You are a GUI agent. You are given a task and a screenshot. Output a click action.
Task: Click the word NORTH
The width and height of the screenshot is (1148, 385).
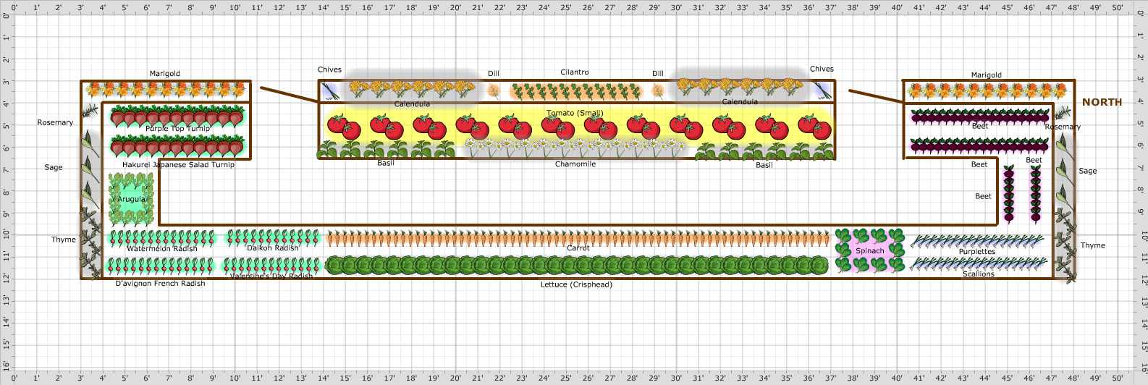pos(1102,103)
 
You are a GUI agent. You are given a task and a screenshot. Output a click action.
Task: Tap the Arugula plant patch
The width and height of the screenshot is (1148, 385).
pos(131,199)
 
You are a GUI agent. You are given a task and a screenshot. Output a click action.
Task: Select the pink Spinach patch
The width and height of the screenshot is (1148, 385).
pos(870,250)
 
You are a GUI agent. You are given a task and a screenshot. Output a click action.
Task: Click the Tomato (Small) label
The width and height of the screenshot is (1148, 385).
pos(575,113)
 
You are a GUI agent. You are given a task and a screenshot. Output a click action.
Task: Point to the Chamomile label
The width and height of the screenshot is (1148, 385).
pos(575,164)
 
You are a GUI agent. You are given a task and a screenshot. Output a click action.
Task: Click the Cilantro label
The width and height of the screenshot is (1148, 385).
pos(575,72)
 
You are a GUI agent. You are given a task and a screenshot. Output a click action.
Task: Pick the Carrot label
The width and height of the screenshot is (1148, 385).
pos(578,248)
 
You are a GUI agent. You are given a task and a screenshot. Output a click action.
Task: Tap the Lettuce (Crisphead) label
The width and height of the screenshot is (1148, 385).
pos(576,285)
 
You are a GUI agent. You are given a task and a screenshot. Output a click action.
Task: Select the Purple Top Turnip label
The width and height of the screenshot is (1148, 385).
pos(177,129)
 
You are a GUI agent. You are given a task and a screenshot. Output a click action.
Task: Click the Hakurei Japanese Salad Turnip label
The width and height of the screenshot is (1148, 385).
pos(178,165)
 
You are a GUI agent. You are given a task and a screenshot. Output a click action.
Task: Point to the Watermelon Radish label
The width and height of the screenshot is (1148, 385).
pos(162,249)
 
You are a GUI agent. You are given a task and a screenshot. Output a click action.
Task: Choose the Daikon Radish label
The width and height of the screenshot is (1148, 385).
pos(273,248)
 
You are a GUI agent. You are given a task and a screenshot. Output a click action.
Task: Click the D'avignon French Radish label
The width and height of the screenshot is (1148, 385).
pos(160,284)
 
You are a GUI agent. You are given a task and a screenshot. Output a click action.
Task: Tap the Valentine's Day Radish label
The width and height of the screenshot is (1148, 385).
pos(271,276)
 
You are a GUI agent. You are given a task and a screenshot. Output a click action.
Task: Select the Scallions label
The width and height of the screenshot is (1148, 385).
pos(979,274)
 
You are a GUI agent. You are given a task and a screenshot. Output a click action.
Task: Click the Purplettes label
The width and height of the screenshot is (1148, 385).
pos(977,252)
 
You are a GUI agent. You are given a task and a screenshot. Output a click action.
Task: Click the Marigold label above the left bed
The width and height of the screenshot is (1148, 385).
pos(165,74)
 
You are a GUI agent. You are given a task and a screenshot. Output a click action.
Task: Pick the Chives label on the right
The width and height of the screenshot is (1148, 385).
pos(822,69)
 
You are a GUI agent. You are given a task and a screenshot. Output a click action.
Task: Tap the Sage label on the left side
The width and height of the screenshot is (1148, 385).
pos(54,168)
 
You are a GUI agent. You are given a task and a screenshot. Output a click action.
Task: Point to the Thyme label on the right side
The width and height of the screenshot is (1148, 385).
pos(1093,246)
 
